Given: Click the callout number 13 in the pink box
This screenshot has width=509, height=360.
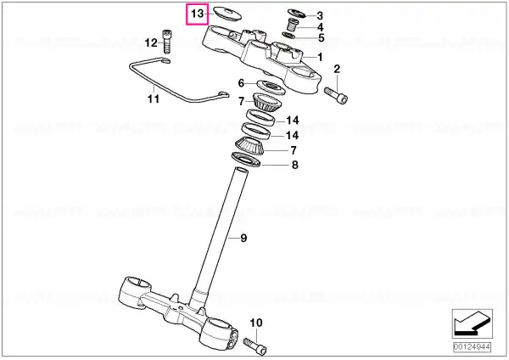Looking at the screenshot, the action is coord(197,14).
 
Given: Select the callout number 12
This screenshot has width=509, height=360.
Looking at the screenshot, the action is coord(151,42).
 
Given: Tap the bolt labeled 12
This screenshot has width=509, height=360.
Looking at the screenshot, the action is coord(166,41).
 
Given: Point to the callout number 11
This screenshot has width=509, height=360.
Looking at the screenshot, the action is coord(154,98).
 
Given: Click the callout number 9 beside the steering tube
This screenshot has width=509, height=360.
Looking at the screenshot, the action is coord(243,238).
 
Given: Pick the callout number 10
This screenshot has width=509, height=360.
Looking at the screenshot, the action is coord(256,323).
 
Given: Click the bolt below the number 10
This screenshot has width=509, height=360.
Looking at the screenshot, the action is coord(255,346).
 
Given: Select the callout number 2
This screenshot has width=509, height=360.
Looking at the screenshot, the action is coord(337,69).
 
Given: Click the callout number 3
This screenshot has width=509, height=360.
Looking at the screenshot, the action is coord(320,15).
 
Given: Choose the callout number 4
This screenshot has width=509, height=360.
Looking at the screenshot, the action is coord(320,27).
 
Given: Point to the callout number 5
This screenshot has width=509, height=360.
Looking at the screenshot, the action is coord(321,37).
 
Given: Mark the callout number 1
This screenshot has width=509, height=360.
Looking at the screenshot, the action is coord(320,57).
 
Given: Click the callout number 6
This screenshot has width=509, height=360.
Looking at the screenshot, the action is coord(241,83).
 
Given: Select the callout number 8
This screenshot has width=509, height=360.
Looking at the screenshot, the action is coord(294,165).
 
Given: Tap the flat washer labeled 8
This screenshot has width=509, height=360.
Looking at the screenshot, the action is coord(246,160).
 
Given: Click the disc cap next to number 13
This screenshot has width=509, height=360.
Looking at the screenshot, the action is coord(227,14).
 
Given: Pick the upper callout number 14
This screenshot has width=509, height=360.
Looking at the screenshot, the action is coord(292,121).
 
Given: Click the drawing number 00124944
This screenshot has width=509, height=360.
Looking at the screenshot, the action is coord(472,346).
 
